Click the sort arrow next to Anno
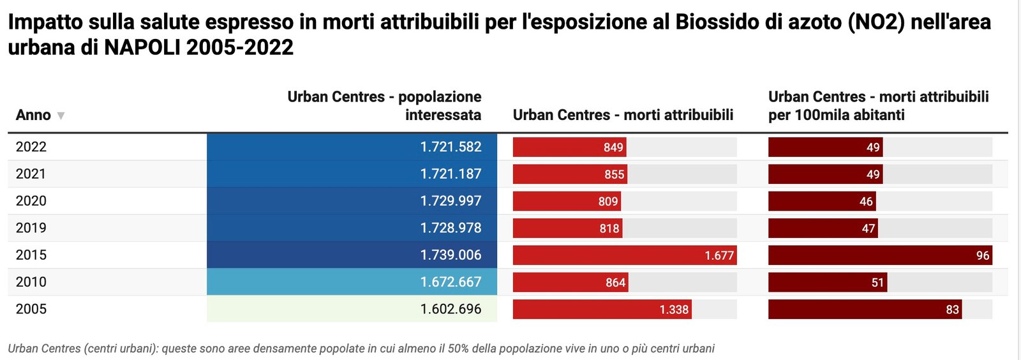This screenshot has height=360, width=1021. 61,116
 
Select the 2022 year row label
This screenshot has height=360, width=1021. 31,147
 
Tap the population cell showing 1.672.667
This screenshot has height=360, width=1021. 352,282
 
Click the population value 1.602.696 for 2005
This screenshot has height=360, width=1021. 352,309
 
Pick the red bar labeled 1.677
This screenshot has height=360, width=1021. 624,255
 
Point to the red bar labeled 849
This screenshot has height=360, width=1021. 569,147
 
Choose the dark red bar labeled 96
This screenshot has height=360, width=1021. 879,255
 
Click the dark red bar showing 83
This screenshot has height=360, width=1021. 865,310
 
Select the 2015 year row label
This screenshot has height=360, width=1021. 31,255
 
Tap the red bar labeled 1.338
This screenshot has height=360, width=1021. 602,310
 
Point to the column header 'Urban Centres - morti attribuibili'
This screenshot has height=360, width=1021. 623,115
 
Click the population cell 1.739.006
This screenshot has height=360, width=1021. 352,255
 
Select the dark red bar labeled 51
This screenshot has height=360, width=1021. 827,282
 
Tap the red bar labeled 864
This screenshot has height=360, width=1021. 570,282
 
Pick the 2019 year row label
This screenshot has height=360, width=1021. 31,228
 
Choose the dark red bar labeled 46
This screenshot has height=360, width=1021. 821,201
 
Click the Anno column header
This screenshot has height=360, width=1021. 33,115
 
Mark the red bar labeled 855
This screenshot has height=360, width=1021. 570,174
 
